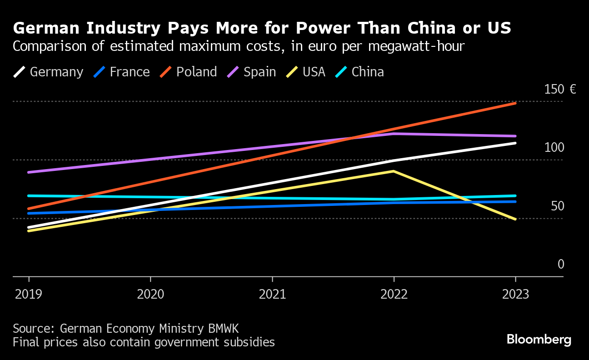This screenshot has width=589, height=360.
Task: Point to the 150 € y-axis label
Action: point(560,89)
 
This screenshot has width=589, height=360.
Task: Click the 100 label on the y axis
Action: point(554,148)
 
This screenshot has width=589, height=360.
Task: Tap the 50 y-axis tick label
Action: point(557,206)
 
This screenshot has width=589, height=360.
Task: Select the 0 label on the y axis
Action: point(561,265)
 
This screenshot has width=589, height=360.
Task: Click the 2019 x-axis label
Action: point(29,295)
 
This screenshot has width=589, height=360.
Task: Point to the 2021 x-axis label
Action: point(272,295)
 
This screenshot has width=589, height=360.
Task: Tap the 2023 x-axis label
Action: point(515,295)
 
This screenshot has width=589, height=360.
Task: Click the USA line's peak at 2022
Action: point(394,171)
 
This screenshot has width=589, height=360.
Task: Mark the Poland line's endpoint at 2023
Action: point(515,103)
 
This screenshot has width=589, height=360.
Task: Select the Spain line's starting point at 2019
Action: point(29,172)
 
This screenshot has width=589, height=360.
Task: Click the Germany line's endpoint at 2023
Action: point(515,143)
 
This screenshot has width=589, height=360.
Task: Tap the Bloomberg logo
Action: point(539,340)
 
